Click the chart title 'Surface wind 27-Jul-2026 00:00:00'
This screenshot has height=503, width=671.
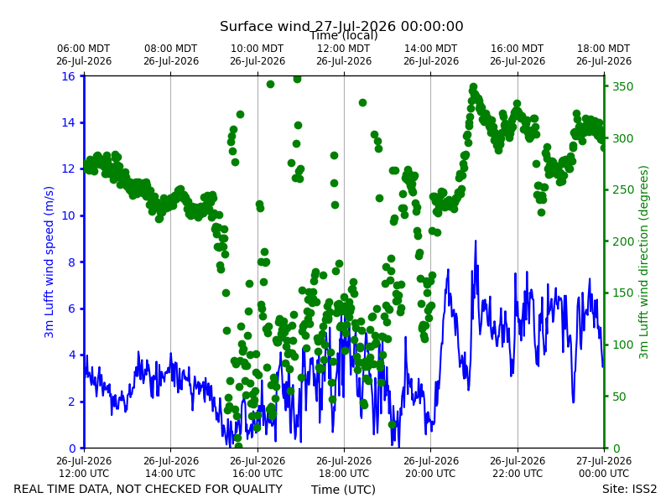[341, 26]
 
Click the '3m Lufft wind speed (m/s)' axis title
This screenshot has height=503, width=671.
[49, 262]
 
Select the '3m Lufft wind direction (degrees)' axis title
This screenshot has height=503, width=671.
[643, 262]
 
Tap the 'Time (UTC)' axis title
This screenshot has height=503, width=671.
[343, 490]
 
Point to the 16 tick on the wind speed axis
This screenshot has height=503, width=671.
[68, 76]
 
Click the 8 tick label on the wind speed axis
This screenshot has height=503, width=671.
[71, 262]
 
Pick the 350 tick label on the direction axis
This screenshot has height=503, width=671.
[622, 86]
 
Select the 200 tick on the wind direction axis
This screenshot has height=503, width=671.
[622, 241]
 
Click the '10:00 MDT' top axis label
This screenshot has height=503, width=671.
[257, 49]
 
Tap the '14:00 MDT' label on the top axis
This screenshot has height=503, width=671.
[431, 49]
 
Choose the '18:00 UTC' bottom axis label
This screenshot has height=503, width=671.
[344, 474]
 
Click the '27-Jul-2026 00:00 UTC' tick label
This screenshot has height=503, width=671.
[604, 467]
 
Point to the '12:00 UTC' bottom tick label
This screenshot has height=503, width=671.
[84, 474]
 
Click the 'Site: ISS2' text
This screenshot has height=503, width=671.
[629, 489]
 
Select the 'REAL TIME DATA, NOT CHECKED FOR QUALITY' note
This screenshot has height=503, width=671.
[148, 489]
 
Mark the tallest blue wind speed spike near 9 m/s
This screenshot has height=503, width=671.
[475, 241]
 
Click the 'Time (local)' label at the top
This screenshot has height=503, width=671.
[344, 35]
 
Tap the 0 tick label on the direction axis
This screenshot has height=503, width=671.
[616, 449]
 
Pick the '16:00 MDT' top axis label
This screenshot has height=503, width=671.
[518, 49]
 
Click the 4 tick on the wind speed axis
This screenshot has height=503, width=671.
[71, 355]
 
